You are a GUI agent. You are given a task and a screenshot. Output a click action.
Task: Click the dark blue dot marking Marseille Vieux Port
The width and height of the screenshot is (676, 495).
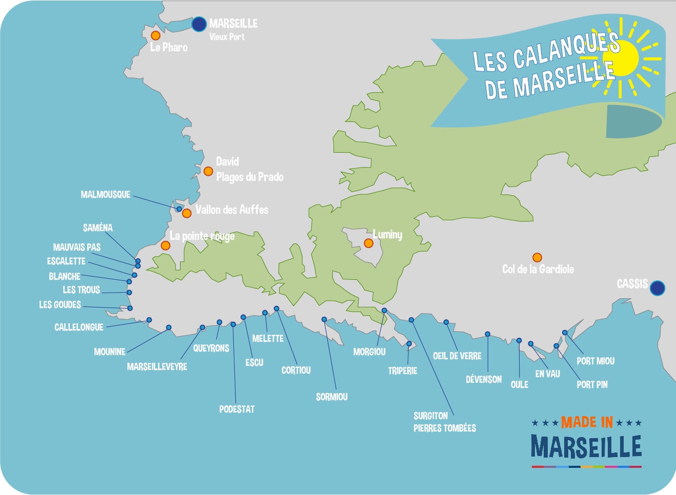point(199,24)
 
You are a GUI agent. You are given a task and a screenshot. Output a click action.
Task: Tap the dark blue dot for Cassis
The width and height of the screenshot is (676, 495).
point(657,288)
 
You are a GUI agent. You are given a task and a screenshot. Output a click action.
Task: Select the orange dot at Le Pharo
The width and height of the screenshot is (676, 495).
point(155,35)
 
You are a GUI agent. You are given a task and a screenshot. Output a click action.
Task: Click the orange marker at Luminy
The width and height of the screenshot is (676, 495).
point(368,243)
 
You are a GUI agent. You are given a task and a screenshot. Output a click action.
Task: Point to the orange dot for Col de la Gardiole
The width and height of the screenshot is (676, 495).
point(537,257)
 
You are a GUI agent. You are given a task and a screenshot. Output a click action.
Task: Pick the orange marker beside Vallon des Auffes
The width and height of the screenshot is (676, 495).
point(187,213)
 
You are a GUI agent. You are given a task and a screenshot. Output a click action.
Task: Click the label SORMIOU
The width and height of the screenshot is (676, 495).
point(331,397)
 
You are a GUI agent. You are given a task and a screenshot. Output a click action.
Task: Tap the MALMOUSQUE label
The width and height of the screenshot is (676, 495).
point(106,195)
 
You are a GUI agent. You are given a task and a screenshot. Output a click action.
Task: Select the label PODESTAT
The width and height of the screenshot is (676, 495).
point(236,409)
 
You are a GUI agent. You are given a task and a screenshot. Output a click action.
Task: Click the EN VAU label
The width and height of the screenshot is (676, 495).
point(547,374)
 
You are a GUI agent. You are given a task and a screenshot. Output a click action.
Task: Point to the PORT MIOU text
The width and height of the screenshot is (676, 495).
point(595,361)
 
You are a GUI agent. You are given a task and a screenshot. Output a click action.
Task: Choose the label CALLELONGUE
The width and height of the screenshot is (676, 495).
point(79,327)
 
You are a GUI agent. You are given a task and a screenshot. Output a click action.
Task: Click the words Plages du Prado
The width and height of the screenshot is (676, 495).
point(250,177)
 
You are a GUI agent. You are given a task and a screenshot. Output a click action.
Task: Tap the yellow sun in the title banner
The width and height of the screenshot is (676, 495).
point(622,57)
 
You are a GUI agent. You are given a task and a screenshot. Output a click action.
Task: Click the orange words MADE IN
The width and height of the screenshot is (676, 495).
point(587,422)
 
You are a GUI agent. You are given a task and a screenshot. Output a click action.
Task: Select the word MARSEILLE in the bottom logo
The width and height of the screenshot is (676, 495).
point(586,447)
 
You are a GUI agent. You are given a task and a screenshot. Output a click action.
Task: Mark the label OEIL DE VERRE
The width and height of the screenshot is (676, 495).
point(457,356)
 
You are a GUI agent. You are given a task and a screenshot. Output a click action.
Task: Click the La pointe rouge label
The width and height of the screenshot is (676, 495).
point(202,236)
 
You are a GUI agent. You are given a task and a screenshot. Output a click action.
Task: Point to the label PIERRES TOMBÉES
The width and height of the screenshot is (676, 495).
point(445,428)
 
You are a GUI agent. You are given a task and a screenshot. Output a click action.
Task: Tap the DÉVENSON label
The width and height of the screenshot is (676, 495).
point(484,379)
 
